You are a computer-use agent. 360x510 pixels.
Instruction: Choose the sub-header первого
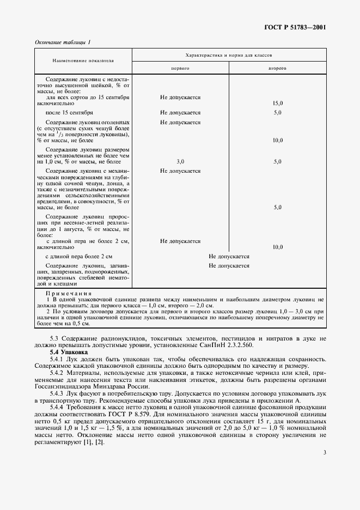click(180, 69)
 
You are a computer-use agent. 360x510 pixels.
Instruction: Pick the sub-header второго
click(277, 69)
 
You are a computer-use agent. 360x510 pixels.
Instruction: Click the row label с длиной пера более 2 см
click(79, 256)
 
